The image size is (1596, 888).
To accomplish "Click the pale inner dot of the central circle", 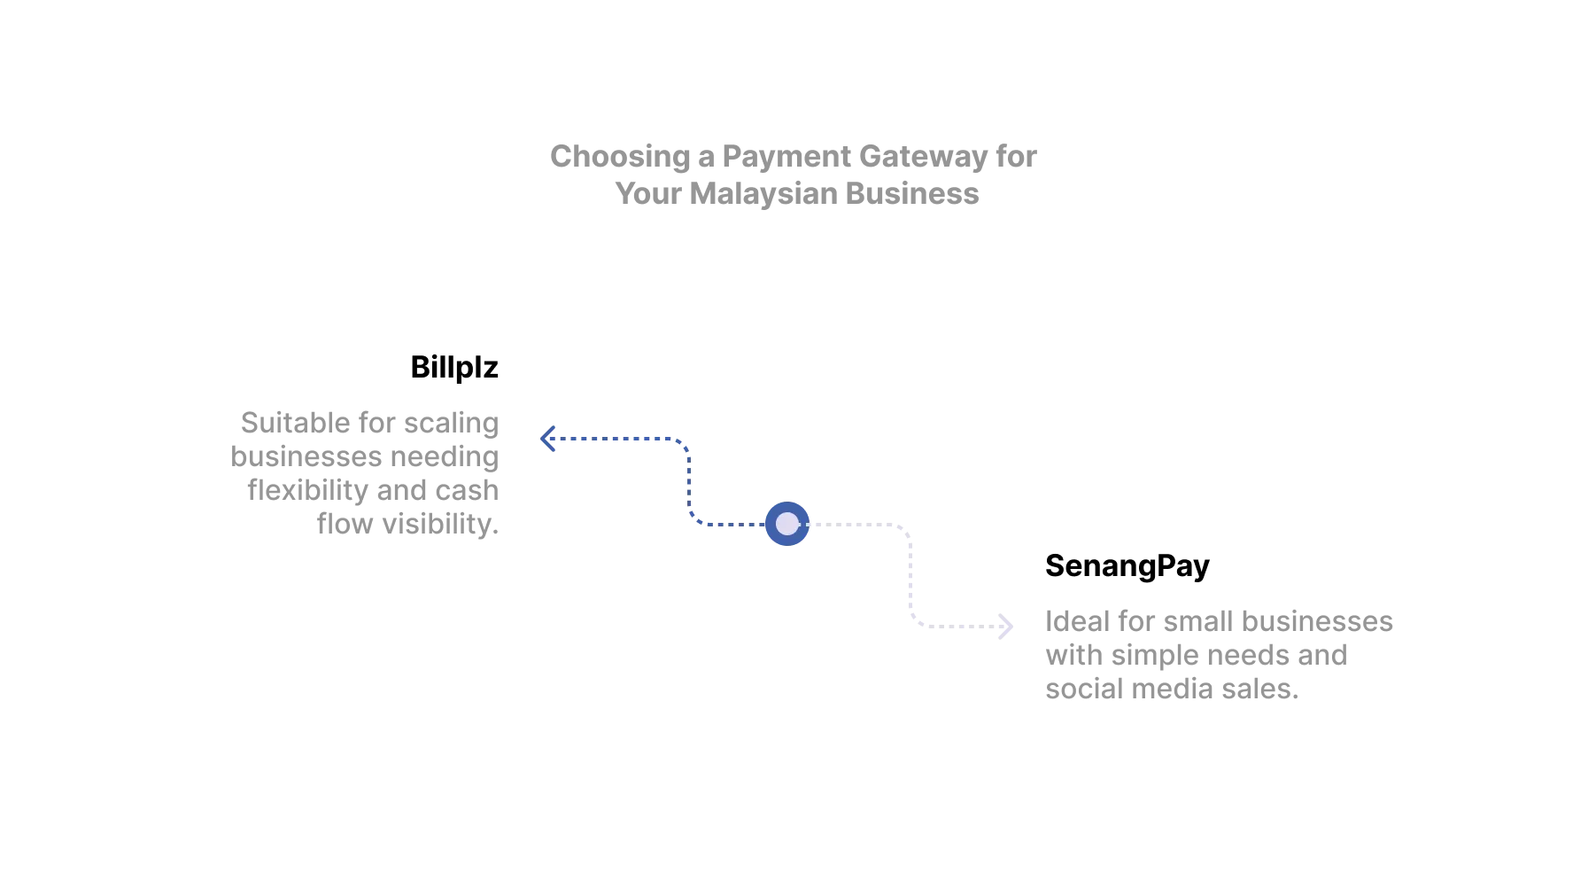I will click(786, 524).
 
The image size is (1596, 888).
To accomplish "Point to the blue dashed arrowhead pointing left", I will click(548, 439).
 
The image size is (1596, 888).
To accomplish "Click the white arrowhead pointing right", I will click(1004, 627).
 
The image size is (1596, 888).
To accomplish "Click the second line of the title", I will click(800, 193).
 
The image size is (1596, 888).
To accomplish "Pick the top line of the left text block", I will click(372, 422).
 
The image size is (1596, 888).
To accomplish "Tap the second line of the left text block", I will click(365, 456).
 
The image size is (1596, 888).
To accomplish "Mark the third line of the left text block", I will click(373, 492).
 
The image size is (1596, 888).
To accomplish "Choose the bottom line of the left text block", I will click(410, 527).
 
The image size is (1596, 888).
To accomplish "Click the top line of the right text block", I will click(1218, 620).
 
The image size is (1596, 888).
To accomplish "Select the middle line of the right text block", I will click(1194, 656).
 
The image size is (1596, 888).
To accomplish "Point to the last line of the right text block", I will click(1172, 690).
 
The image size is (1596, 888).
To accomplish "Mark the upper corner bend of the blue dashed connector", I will click(686, 443).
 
